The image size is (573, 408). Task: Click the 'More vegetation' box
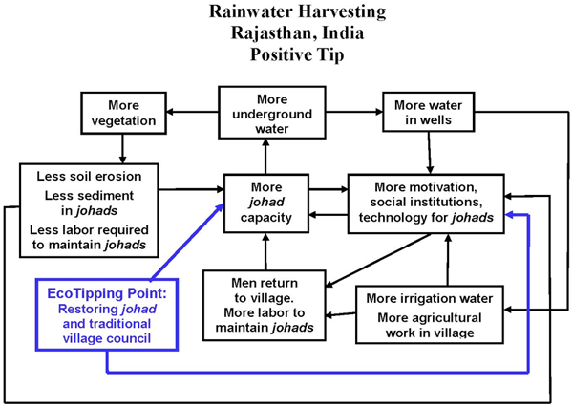point(122,113)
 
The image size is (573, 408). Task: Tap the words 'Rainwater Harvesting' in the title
point(286,14)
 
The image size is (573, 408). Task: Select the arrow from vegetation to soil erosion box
point(122,147)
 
